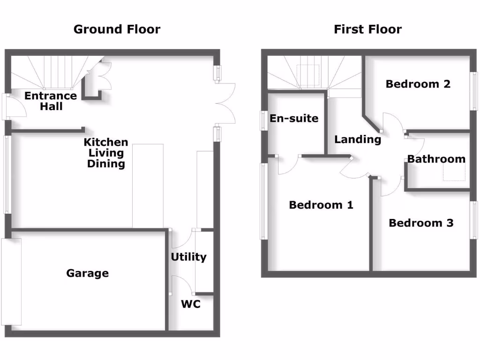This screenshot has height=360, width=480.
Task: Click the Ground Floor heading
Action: pos(117,30)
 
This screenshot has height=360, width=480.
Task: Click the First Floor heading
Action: pos(367,30)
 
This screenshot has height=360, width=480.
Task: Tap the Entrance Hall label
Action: pos(51,101)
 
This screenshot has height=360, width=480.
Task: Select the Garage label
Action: pos(88,273)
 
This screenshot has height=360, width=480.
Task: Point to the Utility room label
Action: pos(188,257)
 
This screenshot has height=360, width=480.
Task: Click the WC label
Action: pos(191,304)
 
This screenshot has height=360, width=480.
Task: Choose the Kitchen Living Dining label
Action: pos(106,153)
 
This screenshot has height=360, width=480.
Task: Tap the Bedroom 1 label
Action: pos(321,205)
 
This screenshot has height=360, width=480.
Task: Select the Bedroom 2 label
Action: pos(418,84)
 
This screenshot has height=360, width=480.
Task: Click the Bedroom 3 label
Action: pos(421,223)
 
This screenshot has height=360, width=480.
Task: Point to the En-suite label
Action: pos(294,118)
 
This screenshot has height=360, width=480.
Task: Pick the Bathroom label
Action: pos(436,159)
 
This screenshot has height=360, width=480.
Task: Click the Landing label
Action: pos(358,140)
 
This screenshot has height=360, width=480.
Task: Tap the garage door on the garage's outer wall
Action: pos(11,282)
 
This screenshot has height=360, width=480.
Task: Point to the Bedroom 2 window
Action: pos(473,91)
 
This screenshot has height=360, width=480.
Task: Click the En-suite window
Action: pos(264,120)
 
